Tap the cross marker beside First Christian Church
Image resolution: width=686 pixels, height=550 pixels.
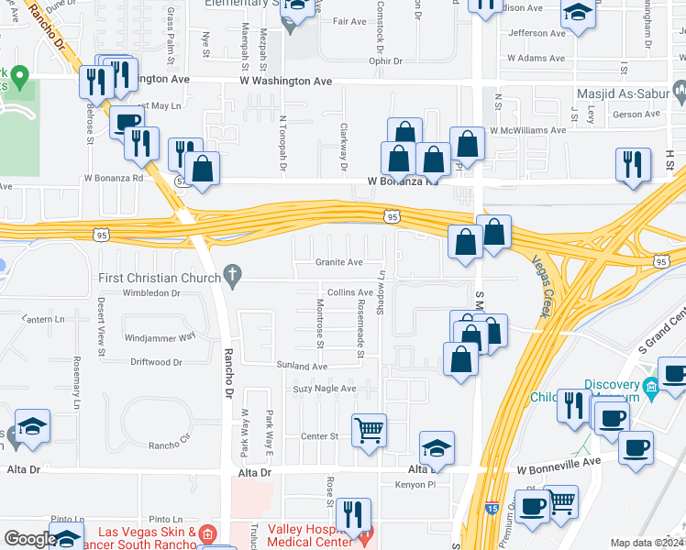(x=232, y=273)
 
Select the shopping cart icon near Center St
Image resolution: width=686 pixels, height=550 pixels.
(x=369, y=428)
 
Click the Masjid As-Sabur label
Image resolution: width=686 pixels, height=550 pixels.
(x=620, y=93)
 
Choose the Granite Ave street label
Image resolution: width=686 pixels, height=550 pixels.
(x=339, y=262)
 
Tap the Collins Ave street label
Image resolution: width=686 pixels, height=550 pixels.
(x=350, y=291)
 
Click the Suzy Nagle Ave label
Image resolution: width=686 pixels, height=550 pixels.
(x=323, y=389)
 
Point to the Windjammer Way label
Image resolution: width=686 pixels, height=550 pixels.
(x=160, y=336)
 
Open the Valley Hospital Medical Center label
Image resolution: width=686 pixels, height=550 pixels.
(x=313, y=535)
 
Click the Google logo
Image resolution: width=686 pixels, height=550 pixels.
(x=29, y=539)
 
